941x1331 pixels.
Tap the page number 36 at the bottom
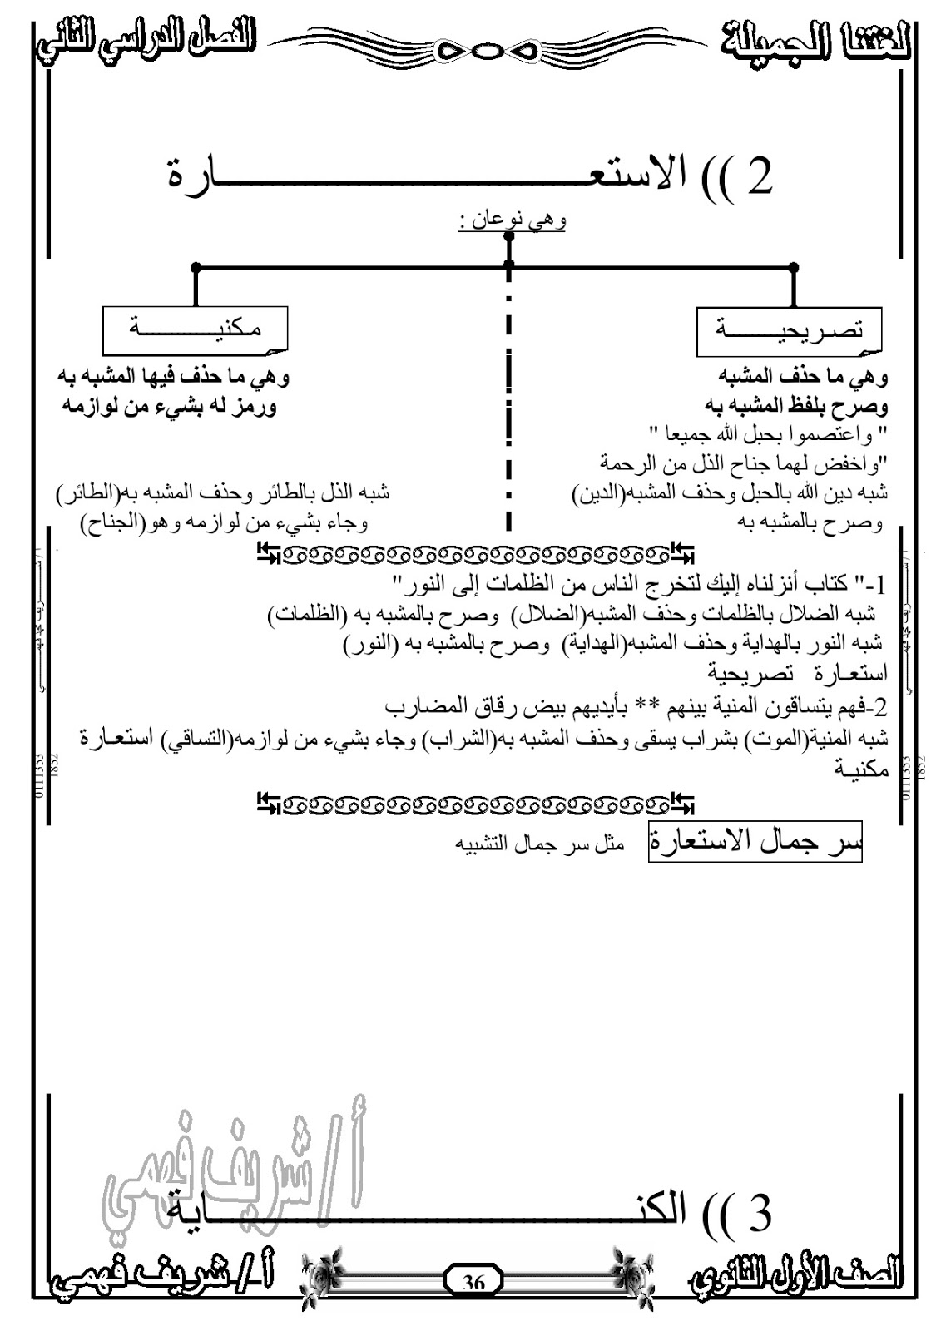click(x=473, y=1282)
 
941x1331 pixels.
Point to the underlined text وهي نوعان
click(x=513, y=221)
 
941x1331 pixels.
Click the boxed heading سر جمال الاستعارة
click(x=755, y=843)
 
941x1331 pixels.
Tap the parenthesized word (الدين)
click(x=598, y=493)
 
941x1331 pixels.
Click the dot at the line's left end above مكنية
click(x=196, y=268)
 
